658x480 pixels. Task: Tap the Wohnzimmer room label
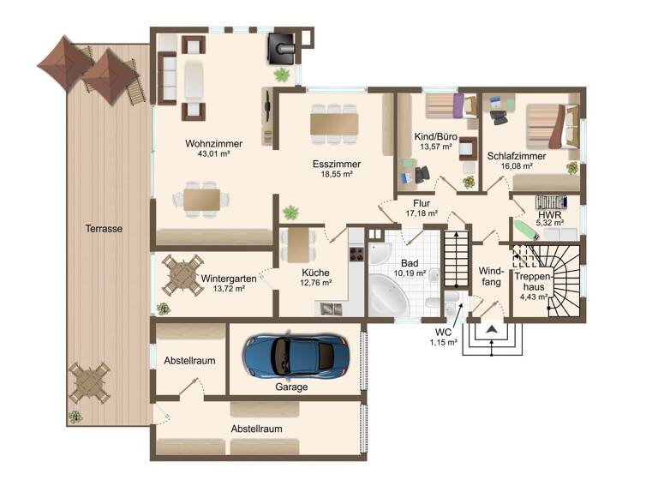click(213, 144)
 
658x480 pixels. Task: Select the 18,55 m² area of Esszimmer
click(336, 174)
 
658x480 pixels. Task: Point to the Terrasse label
click(103, 229)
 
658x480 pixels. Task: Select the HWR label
click(549, 215)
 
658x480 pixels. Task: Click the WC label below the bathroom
click(443, 332)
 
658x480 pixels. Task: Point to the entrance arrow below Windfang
click(493, 329)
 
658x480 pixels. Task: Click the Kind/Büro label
click(435, 137)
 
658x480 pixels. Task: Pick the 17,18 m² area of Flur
click(422, 213)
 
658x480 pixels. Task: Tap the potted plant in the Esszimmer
click(292, 212)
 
